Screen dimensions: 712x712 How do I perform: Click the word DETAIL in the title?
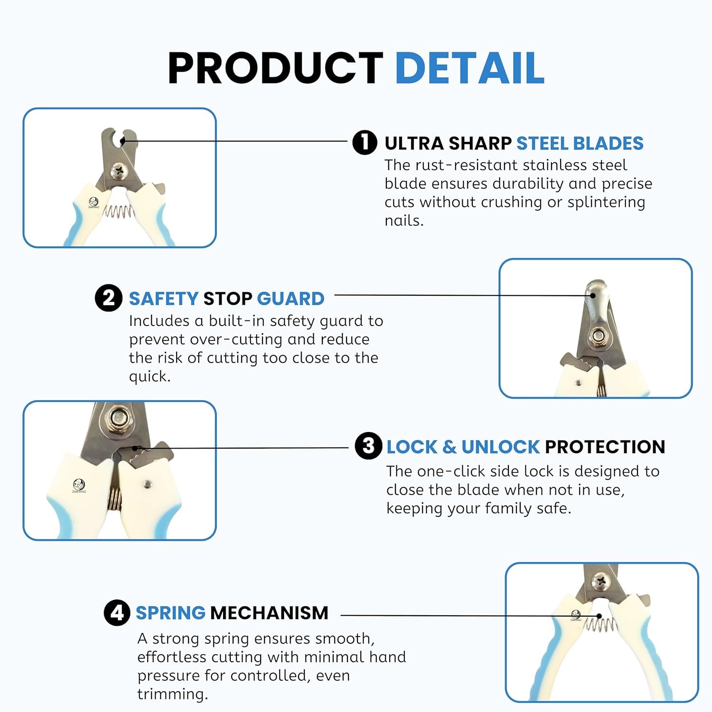point(469,68)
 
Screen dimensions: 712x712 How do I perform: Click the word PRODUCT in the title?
point(276,68)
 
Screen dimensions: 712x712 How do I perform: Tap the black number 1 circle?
point(365,142)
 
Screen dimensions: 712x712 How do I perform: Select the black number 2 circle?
point(109,298)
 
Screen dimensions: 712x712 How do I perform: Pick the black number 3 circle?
point(368,446)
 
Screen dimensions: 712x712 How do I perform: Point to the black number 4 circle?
point(117,612)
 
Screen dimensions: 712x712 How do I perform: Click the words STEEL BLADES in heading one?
point(580,143)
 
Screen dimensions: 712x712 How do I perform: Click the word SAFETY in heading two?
point(163,299)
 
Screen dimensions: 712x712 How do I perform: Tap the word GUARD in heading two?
point(290,299)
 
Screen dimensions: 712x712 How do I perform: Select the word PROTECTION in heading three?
point(605,447)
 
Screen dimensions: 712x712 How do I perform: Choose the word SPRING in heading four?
point(171,613)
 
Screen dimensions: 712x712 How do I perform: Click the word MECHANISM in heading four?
point(269,613)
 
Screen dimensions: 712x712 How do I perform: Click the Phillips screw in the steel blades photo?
point(118,169)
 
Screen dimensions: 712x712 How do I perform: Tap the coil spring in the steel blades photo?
point(117,212)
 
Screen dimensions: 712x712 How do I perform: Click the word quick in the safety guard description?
point(150,377)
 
